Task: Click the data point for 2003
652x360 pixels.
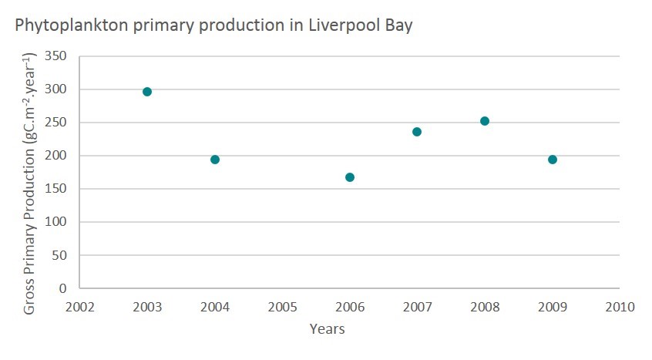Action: point(147,92)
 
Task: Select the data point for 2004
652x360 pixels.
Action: point(215,160)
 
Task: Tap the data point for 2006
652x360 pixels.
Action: point(350,177)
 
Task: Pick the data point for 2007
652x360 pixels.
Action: point(417,132)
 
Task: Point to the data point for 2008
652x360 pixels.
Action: point(485,121)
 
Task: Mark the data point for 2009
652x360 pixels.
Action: point(553,160)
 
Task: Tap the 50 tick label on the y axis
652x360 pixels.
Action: point(60,255)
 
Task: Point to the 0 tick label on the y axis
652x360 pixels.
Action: point(63,288)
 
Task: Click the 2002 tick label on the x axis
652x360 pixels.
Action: point(79,306)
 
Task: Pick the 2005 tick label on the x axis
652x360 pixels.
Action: point(282,306)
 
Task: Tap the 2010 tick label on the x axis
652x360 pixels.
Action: point(620,306)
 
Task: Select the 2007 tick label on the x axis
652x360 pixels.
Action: point(417,306)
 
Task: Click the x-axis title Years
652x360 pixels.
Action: point(327,329)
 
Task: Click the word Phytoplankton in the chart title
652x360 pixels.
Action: point(58,25)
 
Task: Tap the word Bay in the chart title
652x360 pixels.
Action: point(400,25)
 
